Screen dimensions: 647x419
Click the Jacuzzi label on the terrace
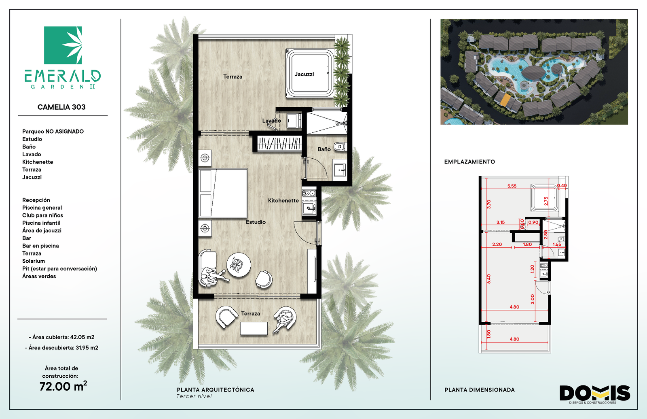[x=304, y=74]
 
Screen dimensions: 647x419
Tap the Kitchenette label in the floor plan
[x=283, y=200]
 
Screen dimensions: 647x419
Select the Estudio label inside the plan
[x=256, y=222]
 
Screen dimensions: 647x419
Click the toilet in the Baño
[x=340, y=147]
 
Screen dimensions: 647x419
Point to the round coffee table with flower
[x=239, y=265]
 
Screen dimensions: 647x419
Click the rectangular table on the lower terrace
[x=254, y=329]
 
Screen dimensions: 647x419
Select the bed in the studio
[x=223, y=193]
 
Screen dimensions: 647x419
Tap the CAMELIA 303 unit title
[x=61, y=107]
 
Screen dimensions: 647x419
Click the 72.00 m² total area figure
[x=63, y=386]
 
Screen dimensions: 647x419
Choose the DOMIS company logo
[x=595, y=394]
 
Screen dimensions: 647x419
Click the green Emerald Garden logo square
[x=63, y=45]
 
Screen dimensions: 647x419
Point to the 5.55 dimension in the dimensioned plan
[x=512, y=186]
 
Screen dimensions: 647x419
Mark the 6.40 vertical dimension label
[x=489, y=279]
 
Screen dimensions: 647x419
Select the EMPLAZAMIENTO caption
[x=469, y=162]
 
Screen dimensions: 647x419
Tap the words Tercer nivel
[x=194, y=396]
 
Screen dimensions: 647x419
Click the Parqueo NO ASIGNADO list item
[x=53, y=132]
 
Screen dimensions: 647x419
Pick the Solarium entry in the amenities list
[x=34, y=261]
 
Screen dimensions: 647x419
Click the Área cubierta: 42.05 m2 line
[x=61, y=337]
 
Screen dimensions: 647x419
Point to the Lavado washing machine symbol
[x=294, y=121]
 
